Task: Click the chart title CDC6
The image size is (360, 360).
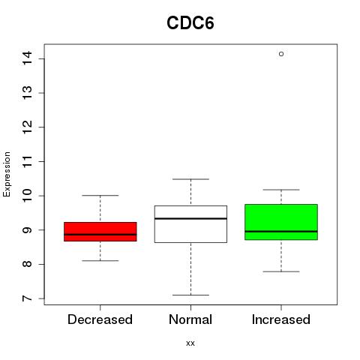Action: pos(190,23)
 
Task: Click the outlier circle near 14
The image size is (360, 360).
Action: pos(281,54)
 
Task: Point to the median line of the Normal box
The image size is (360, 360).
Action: pos(190,218)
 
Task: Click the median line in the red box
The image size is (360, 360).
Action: pos(100,235)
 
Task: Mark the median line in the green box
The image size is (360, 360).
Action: pos(281,232)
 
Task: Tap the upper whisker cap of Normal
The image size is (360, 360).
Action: pos(190,179)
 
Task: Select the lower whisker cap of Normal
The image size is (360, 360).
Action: pos(190,295)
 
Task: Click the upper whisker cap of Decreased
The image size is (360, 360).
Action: pos(100,195)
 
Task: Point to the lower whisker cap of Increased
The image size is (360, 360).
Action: pos(281,271)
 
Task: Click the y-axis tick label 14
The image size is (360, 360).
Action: pos(27,58)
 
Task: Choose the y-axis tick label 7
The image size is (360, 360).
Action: pos(27,298)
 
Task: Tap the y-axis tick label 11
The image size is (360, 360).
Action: pos(27,161)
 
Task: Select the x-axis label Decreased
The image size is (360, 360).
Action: pos(100,319)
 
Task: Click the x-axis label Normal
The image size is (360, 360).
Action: pos(190,319)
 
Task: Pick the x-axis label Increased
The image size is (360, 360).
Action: pos(281,319)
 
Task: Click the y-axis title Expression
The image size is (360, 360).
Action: pos(7,174)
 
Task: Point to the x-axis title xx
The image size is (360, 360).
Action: pos(190,343)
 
